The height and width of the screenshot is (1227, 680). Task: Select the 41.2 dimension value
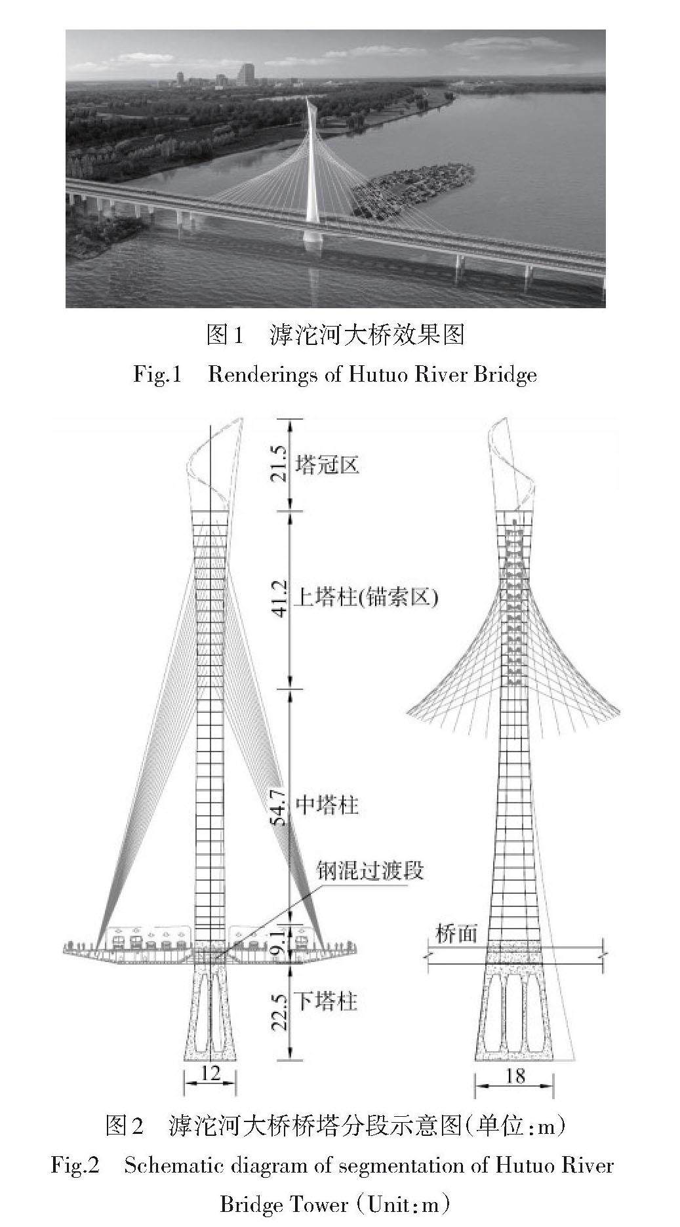pyautogui.click(x=279, y=598)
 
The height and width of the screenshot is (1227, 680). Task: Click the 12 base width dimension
pyautogui.click(x=210, y=1072)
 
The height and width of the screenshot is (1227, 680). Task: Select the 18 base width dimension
pyautogui.click(x=515, y=1076)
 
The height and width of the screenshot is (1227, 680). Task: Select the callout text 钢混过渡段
pyautogui.click(x=370, y=870)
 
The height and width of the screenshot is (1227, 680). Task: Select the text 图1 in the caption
pyautogui.click(x=225, y=335)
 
